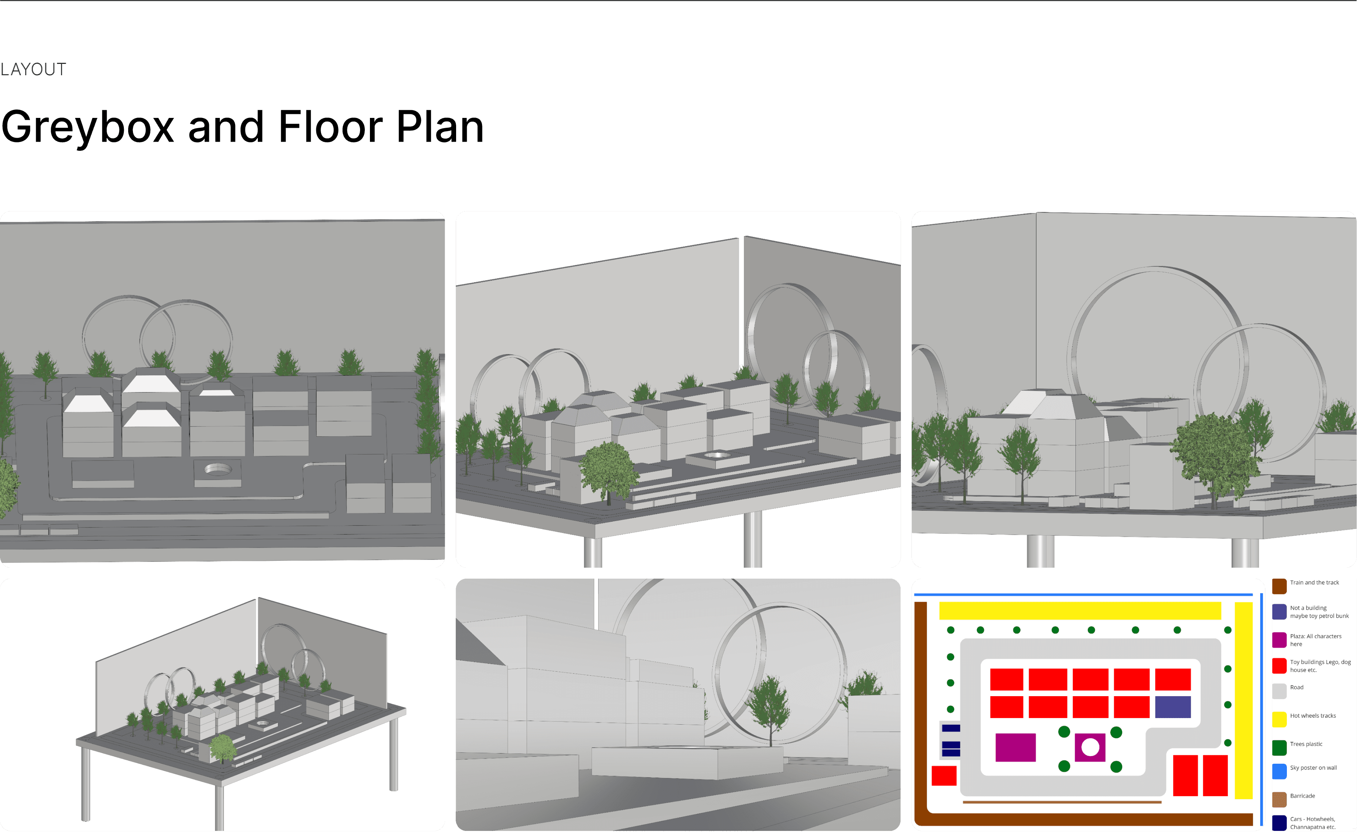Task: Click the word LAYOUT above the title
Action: click(33, 70)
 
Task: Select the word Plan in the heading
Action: click(440, 127)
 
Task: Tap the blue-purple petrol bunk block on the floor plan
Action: click(1172, 707)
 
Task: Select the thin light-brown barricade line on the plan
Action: click(1062, 802)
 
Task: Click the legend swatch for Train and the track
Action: click(1279, 586)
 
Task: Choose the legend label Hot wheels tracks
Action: click(1313, 716)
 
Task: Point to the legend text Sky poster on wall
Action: click(1313, 767)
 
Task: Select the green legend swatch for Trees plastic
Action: click(1279, 748)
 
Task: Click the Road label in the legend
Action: click(1297, 687)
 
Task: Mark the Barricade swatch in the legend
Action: click(1279, 799)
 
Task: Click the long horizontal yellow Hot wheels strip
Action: click(1080, 610)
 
